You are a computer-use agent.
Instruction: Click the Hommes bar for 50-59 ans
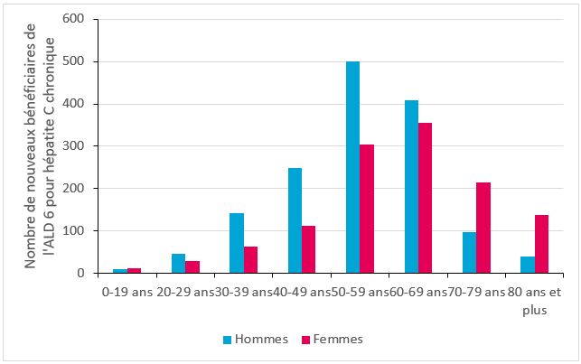[352, 167]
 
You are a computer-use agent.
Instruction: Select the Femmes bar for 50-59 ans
[366, 209]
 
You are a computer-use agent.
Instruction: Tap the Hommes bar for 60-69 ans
[411, 186]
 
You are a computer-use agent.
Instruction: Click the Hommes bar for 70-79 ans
[468, 252]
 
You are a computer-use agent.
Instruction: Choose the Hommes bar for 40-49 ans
[295, 220]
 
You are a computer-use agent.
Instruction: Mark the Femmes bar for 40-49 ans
[308, 249]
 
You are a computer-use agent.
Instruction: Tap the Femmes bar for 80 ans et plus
[540, 244]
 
